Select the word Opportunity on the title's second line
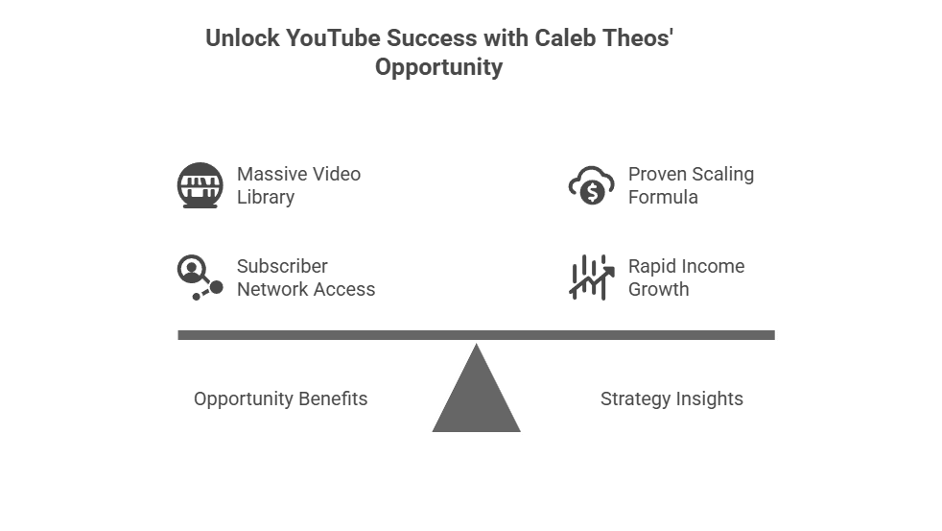click(438, 68)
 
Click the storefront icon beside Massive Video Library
click(200, 185)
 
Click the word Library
click(266, 198)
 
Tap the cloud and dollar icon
click(591, 185)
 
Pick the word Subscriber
click(282, 267)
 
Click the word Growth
click(659, 290)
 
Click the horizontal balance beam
click(476, 335)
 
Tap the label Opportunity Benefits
click(280, 399)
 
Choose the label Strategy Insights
click(671, 399)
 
